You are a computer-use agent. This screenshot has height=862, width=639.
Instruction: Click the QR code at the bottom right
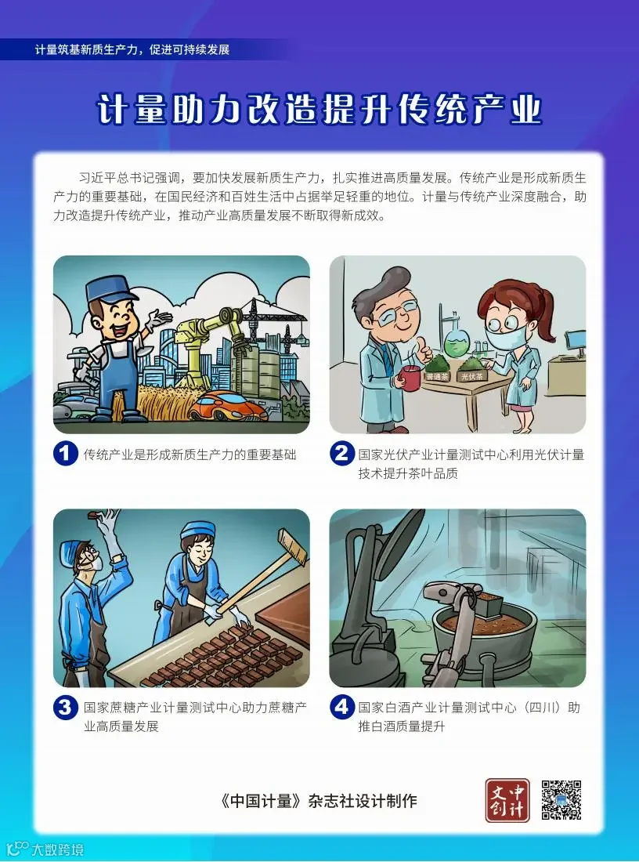(x=561, y=799)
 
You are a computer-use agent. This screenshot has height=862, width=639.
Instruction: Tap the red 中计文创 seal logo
(x=507, y=800)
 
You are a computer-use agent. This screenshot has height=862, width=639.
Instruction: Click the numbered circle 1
(x=65, y=454)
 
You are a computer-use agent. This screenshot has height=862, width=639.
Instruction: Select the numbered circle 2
(x=341, y=454)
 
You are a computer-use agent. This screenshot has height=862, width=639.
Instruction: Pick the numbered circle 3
(x=65, y=707)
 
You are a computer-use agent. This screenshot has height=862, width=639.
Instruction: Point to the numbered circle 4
(x=341, y=707)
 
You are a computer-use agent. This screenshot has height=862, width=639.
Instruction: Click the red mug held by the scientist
(x=410, y=377)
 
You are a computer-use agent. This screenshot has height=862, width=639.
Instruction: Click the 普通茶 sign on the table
(x=437, y=377)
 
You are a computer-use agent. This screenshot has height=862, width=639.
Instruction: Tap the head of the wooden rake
(x=292, y=546)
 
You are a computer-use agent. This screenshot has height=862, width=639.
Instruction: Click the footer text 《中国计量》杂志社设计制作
(x=318, y=800)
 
